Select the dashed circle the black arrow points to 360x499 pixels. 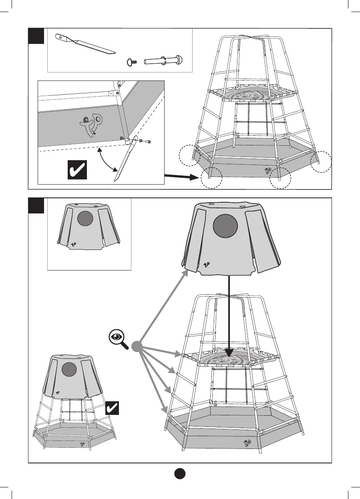[x=211, y=177]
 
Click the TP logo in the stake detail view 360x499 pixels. [x=91, y=123]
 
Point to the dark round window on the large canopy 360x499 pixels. [x=225, y=226]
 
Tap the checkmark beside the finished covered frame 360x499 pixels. [x=113, y=408]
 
